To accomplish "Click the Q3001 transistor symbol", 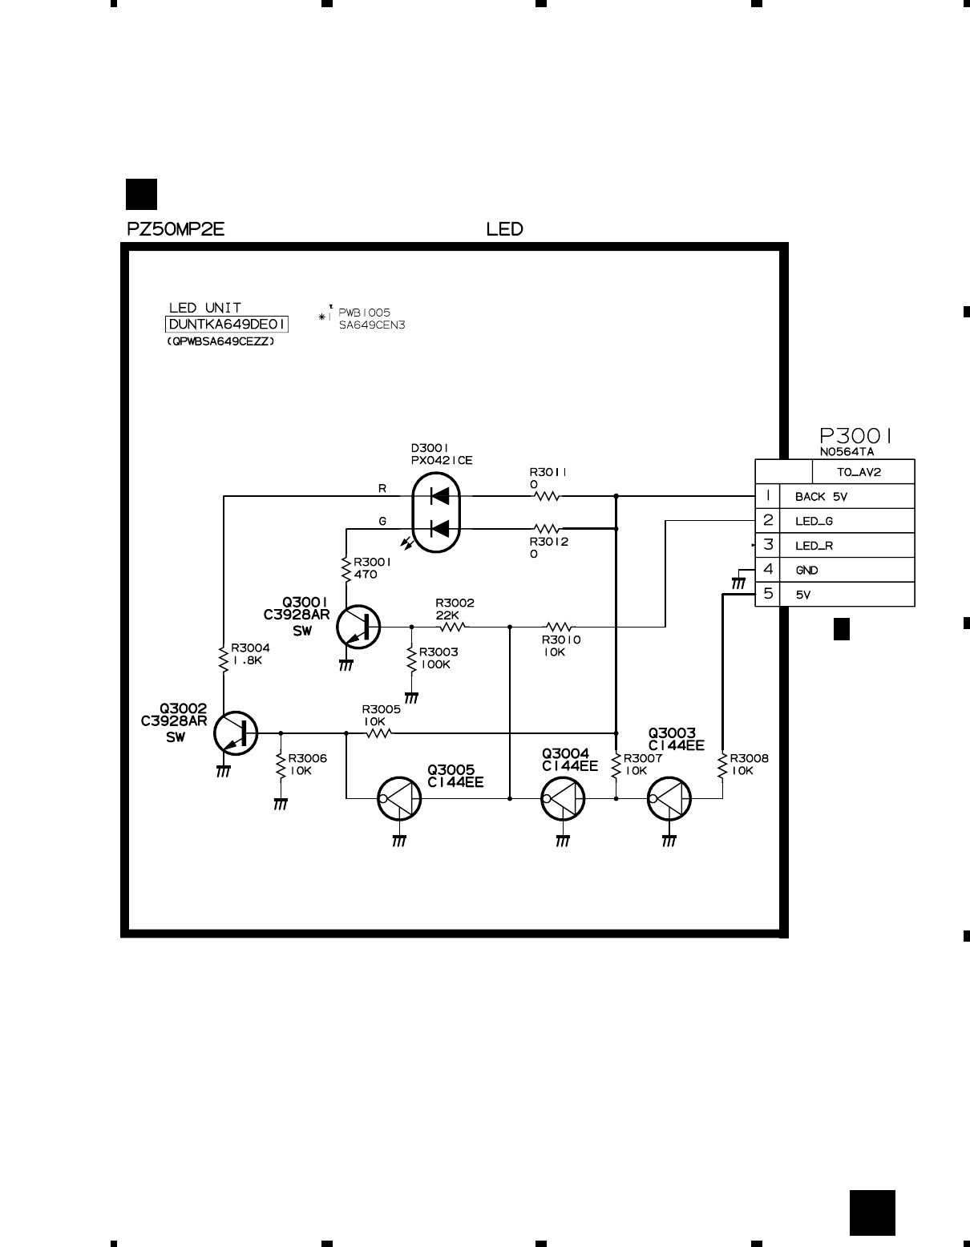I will click(358, 626).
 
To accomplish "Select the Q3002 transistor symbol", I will click(236, 732).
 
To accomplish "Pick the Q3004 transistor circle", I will click(563, 798).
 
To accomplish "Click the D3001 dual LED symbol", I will click(435, 512).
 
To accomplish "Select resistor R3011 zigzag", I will click(546, 496).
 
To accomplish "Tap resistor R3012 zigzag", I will click(546, 529).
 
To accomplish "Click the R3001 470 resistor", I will click(346, 569).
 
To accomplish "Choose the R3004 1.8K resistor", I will click(224, 656).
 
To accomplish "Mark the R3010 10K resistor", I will click(559, 626).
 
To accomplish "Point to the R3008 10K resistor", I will click(722, 765).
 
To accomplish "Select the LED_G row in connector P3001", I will click(814, 521).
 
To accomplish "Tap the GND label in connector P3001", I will click(806, 571).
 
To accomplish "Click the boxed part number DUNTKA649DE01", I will click(227, 325).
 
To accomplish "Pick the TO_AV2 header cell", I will click(859, 472).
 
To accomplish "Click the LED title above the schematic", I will click(505, 229).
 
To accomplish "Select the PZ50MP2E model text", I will click(176, 229).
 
